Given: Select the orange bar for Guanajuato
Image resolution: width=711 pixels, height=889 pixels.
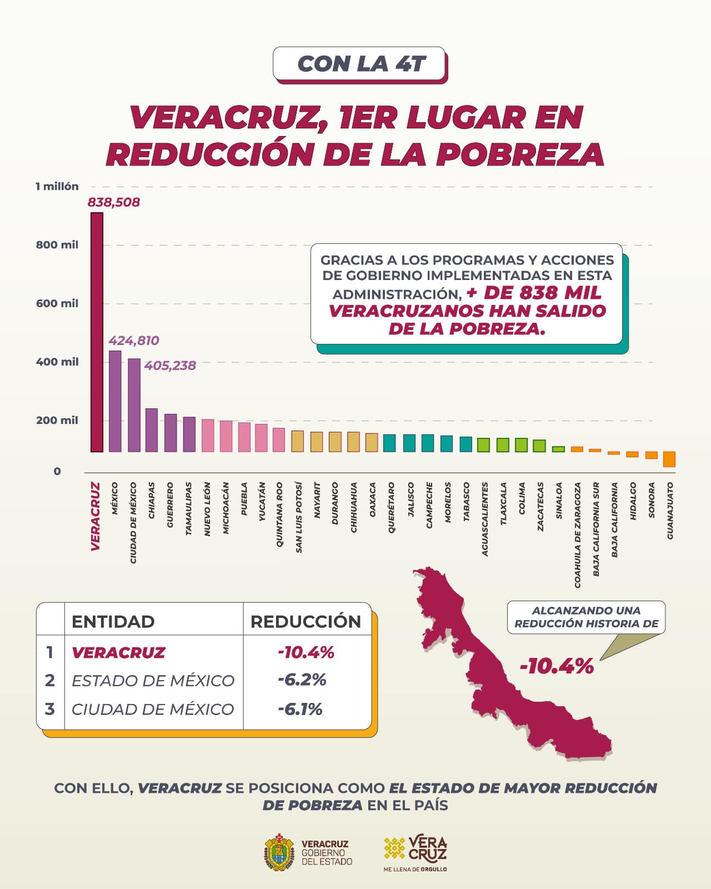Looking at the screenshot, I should coord(669,459).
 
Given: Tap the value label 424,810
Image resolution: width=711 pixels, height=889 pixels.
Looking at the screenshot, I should coord(133,341).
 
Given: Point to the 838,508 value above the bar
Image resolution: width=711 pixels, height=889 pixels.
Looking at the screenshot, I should coord(114,202).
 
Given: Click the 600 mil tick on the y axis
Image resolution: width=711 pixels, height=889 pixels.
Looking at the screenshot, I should coord(57,303).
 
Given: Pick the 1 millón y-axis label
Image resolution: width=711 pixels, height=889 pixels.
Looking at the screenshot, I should coord(57,187).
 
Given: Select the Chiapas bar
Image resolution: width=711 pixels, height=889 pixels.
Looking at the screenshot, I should coord(151,430).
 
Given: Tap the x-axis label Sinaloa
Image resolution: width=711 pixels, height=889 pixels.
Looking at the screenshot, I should coord(559,501).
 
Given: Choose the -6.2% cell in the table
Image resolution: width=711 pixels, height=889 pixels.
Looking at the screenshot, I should coord(302,680).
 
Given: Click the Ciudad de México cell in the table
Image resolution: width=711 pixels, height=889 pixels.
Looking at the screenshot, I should coord(153,710).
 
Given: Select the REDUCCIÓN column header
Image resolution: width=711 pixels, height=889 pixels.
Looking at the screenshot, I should coord(306,622).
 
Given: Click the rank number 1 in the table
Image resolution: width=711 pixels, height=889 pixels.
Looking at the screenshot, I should coord(50,652).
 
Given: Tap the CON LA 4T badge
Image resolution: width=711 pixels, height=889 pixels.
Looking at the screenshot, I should coord(359,64).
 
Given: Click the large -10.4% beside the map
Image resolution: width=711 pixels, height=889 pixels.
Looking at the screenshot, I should coord(557,666).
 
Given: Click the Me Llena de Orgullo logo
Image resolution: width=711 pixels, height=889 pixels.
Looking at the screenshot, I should coord(415,853).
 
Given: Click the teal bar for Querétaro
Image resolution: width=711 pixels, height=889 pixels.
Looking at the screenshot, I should coord(389,442).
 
